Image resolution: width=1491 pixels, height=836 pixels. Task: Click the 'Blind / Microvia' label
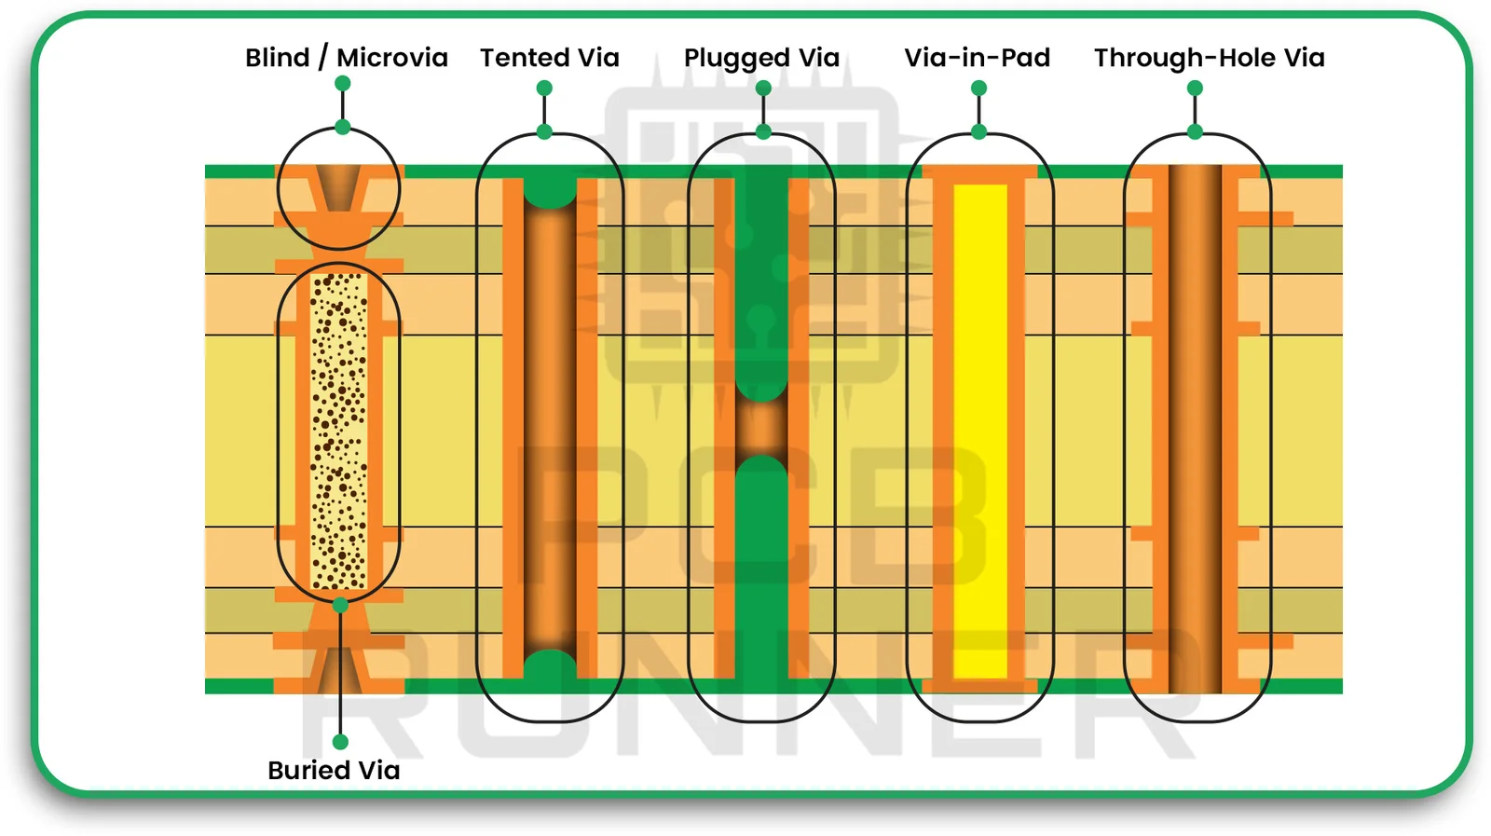(x=346, y=58)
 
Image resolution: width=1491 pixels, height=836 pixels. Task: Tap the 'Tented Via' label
(x=549, y=58)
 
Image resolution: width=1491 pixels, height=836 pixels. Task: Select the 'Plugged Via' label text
(x=761, y=58)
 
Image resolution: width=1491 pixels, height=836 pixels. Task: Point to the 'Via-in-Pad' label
(x=977, y=58)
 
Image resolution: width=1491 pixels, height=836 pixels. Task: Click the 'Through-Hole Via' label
(x=1209, y=58)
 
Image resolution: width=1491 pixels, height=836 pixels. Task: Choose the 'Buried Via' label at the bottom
(x=334, y=771)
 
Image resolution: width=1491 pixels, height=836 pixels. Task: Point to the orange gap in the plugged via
(x=761, y=429)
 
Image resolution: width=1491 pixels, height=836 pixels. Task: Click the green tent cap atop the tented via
(x=550, y=190)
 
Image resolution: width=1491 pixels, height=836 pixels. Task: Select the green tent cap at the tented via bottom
(x=550, y=667)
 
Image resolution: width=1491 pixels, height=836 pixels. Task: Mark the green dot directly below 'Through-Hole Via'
(x=1195, y=89)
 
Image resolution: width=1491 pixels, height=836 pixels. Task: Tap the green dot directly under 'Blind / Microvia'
(x=343, y=84)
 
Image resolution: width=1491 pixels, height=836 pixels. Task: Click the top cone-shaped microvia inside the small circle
(x=339, y=186)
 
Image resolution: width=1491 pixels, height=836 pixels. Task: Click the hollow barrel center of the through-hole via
(x=1195, y=429)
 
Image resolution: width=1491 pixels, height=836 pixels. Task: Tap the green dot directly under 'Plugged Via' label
(x=763, y=89)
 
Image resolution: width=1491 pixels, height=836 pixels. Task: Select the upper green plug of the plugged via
(x=761, y=280)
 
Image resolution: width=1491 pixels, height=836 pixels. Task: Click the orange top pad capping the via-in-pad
(x=980, y=173)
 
